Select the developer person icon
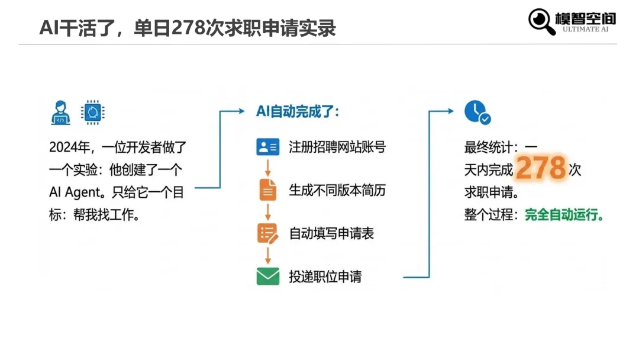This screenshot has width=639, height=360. [x=60, y=112]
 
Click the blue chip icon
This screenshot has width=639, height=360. [x=92, y=112]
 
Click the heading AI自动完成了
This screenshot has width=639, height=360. [x=298, y=111]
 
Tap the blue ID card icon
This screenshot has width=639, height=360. [x=267, y=147]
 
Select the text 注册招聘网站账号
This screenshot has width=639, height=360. [x=337, y=147]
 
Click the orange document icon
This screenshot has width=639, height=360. [x=267, y=189]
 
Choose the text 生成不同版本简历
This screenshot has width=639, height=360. [x=337, y=190]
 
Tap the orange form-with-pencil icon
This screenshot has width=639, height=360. [x=267, y=233]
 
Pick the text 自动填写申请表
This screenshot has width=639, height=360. [x=331, y=233]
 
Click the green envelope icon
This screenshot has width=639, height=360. [x=267, y=276]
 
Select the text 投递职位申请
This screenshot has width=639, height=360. [x=325, y=276]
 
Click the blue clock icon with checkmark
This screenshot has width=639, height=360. [x=476, y=112]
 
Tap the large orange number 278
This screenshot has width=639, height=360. [x=541, y=169]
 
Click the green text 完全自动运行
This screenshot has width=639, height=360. [x=564, y=214]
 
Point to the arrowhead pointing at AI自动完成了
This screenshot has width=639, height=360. [x=241, y=111]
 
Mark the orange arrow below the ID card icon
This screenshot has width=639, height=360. [x=267, y=166]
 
